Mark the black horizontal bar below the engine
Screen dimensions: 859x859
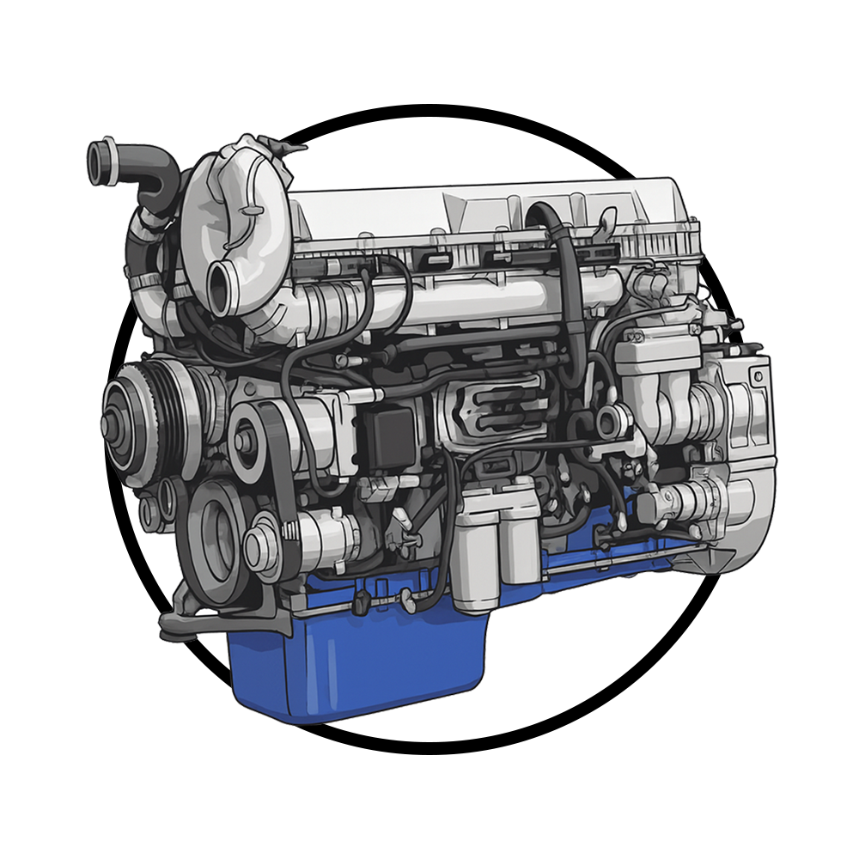[x=429, y=740]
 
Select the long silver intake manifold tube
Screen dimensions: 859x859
[x=464, y=301]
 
